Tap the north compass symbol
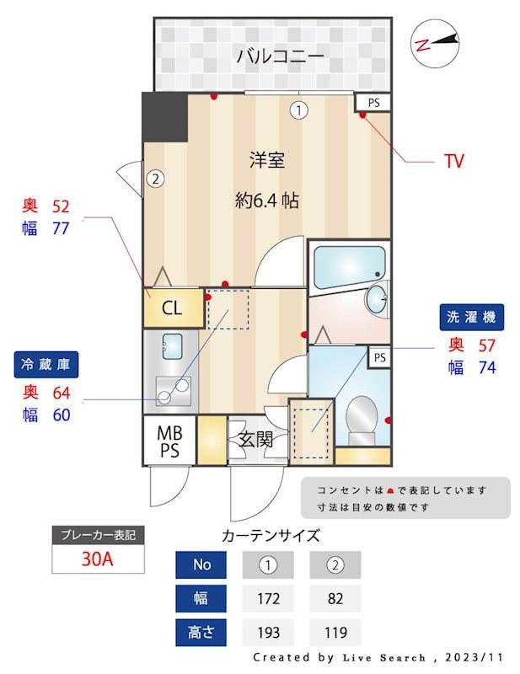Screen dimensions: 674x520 tap(436, 42)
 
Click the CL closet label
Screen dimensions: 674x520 tap(172, 308)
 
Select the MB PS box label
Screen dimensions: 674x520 tap(169, 441)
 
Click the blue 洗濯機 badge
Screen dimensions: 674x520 tap(471, 318)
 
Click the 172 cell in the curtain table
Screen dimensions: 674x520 tap(268, 599)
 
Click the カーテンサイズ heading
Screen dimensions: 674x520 tap(271, 534)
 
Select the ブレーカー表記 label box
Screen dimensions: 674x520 tap(98, 534)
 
